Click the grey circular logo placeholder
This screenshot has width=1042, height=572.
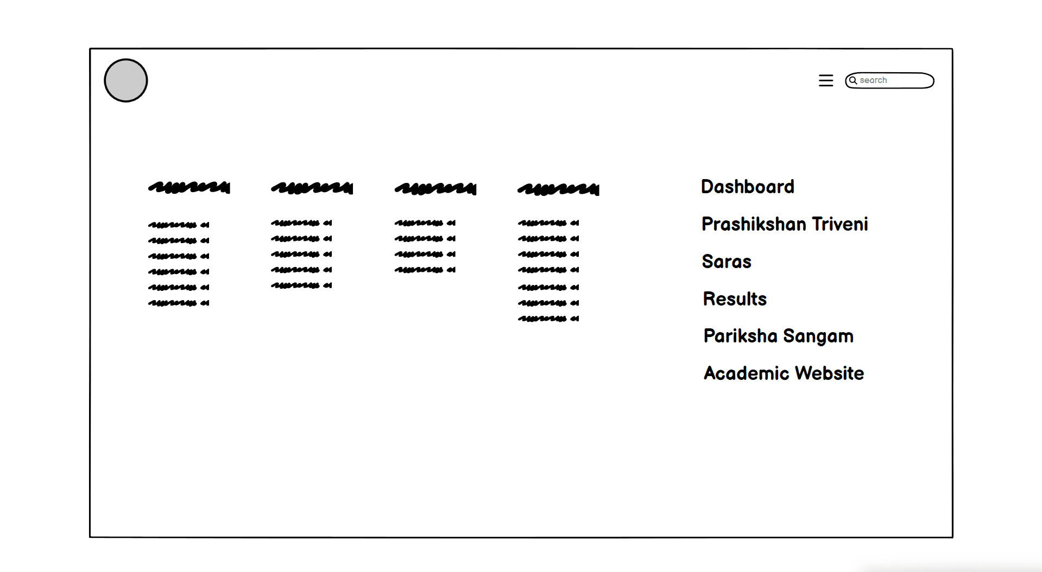click(x=126, y=80)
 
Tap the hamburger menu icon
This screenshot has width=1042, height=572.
click(x=826, y=80)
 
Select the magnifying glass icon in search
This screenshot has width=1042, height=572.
click(x=853, y=80)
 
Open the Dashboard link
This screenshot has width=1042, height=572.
click(x=747, y=187)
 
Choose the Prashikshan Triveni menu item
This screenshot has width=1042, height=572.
click(x=785, y=224)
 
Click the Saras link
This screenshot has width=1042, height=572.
click(x=727, y=262)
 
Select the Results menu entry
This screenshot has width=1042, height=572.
click(x=735, y=299)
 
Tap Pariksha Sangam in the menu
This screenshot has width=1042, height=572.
click(x=778, y=336)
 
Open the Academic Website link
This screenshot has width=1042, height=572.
click(x=784, y=373)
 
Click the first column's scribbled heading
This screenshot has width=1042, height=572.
click(x=189, y=188)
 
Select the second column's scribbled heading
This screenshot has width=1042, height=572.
click(x=312, y=188)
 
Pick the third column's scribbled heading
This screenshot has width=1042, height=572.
click(x=435, y=188)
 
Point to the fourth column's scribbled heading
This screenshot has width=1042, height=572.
click(x=558, y=189)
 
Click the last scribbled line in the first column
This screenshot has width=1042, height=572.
click(x=179, y=303)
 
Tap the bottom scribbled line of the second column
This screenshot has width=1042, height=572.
click(x=301, y=285)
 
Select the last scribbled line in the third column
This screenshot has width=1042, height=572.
click(x=425, y=270)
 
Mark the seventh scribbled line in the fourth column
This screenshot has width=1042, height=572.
click(x=548, y=319)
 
